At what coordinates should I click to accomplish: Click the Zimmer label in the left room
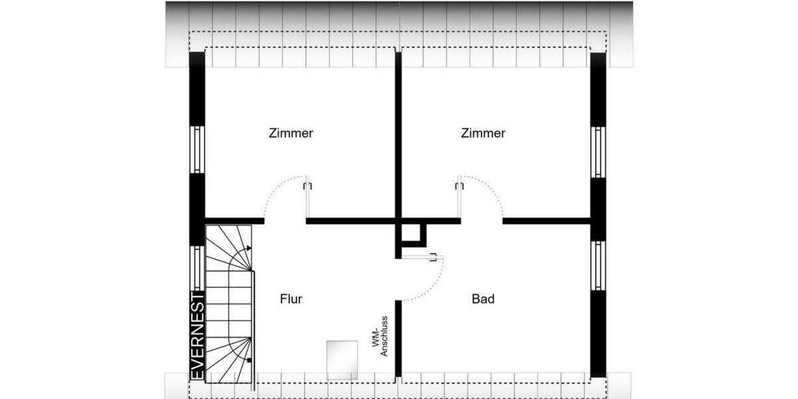click(x=291, y=133)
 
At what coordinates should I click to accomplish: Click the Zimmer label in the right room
click(x=483, y=133)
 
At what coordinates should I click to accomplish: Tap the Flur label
click(x=291, y=299)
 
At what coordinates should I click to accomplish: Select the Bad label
click(x=483, y=299)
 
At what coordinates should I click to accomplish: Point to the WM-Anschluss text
click(x=380, y=340)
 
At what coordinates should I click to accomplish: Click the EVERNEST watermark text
click(x=198, y=335)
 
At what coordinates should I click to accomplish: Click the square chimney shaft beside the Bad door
click(x=413, y=234)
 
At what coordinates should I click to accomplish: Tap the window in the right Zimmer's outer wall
click(x=598, y=151)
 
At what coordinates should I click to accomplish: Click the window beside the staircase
click(x=198, y=267)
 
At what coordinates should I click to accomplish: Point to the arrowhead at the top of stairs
click(x=249, y=249)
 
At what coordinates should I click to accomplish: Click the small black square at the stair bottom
click(x=248, y=360)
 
